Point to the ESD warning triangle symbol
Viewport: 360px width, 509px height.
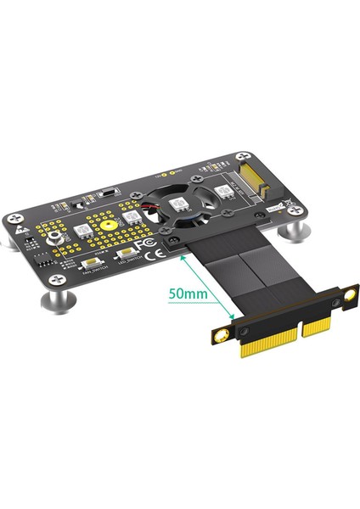[16, 221]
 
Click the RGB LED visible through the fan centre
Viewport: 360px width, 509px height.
[180, 204]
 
